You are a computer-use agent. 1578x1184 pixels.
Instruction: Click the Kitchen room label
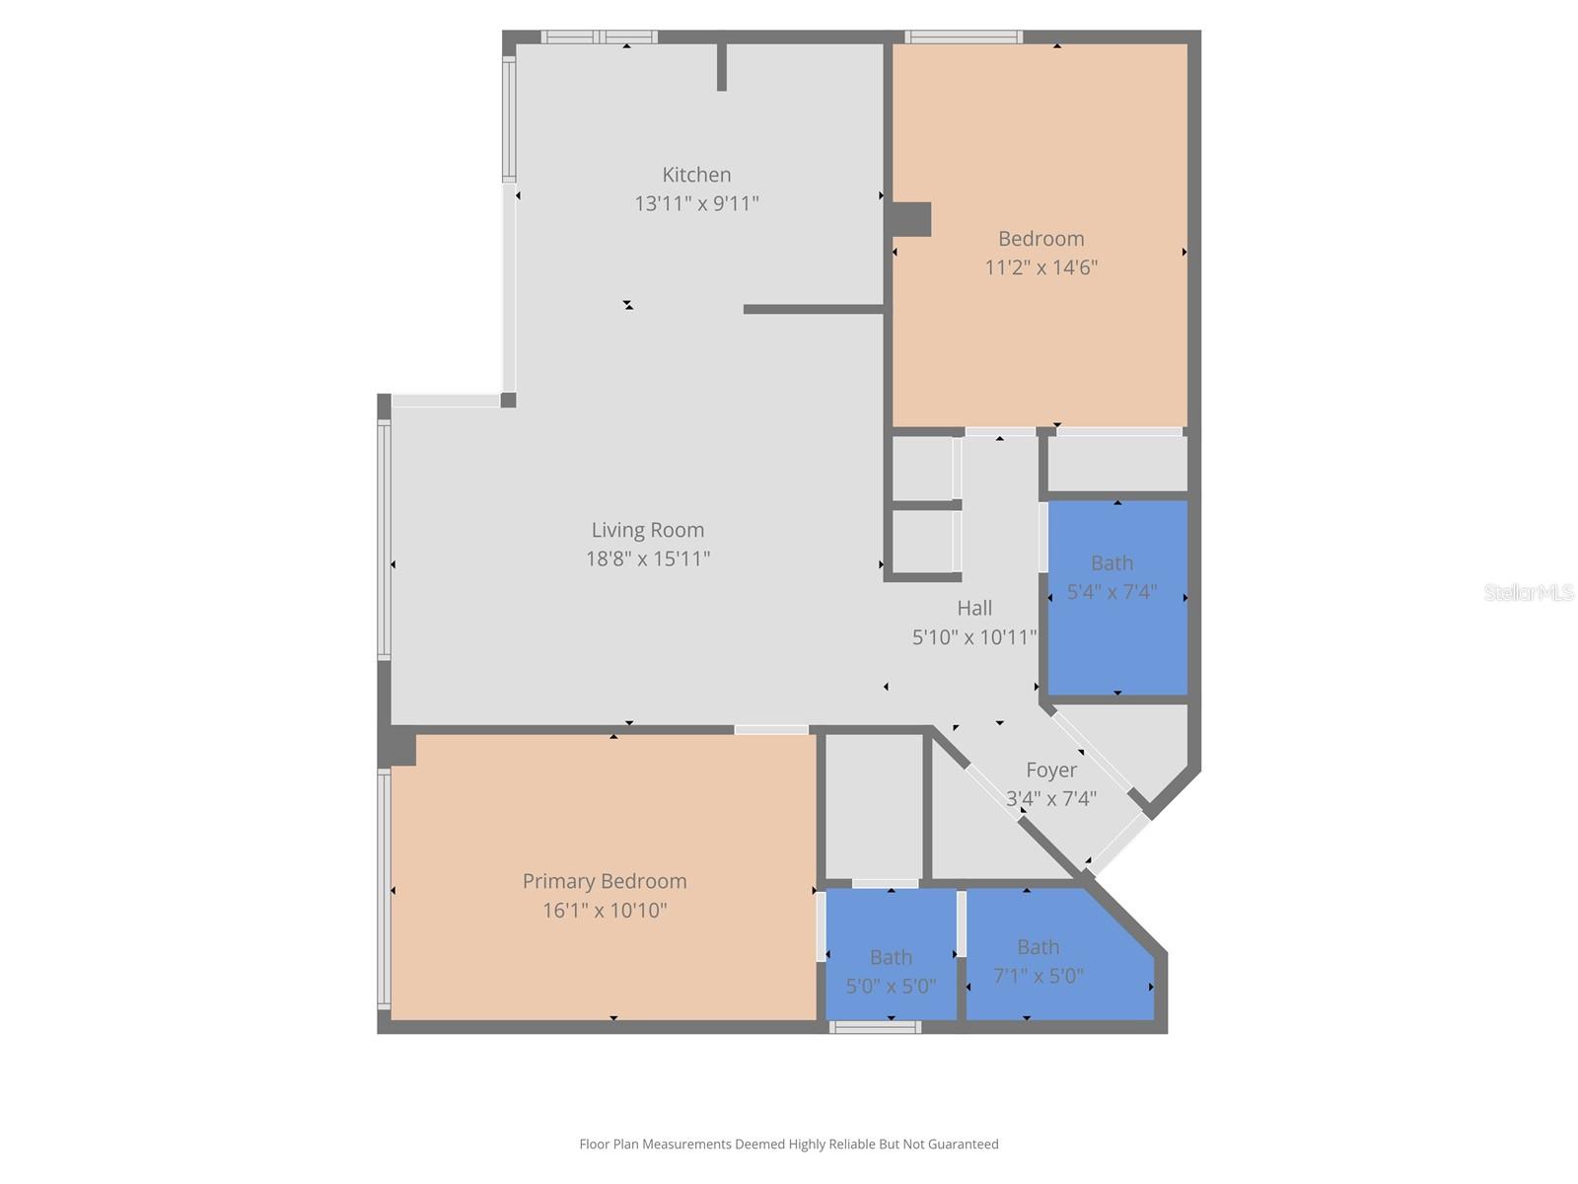pyautogui.click(x=696, y=175)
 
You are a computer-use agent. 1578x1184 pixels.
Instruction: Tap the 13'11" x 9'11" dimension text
pyautogui.click(x=696, y=203)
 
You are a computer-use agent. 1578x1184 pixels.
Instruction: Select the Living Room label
pyautogui.click(x=648, y=530)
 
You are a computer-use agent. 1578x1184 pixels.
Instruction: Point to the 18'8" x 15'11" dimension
pyautogui.click(x=648, y=558)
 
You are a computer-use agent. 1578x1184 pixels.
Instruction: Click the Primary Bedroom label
pyautogui.click(x=605, y=881)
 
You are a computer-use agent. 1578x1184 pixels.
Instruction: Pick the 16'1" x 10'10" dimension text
pyautogui.click(x=605, y=910)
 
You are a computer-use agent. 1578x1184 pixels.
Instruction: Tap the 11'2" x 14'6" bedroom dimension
pyautogui.click(x=1040, y=267)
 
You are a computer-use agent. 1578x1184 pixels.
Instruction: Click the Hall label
pyautogui.click(x=974, y=608)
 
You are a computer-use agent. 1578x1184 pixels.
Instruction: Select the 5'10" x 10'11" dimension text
pyautogui.click(x=974, y=637)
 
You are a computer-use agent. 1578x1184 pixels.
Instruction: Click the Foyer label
pyautogui.click(x=1051, y=770)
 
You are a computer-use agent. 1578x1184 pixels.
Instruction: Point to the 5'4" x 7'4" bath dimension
pyautogui.click(x=1112, y=592)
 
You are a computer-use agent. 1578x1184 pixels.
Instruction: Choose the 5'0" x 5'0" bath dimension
pyautogui.click(x=891, y=986)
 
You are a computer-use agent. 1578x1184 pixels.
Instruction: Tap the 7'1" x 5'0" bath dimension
pyautogui.click(x=1038, y=976)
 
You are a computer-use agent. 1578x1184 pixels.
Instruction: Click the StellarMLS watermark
pyautogui.click(x=1529, y=592)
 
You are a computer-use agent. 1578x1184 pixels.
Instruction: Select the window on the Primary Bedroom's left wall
pyautogui.click(x=384, y=888)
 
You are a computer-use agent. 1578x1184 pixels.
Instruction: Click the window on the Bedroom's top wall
pyautogui.click(x=964, y=37)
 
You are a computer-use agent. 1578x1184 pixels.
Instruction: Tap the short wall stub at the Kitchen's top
pyautogui.click(x=722, y=66)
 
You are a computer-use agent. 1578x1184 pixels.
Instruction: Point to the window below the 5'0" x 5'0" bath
pyautogui.click(x=875, y=1027)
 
